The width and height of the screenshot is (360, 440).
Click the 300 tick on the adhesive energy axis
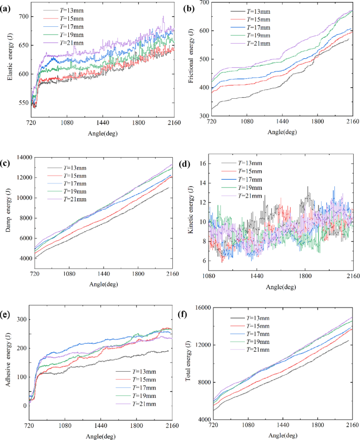22,320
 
